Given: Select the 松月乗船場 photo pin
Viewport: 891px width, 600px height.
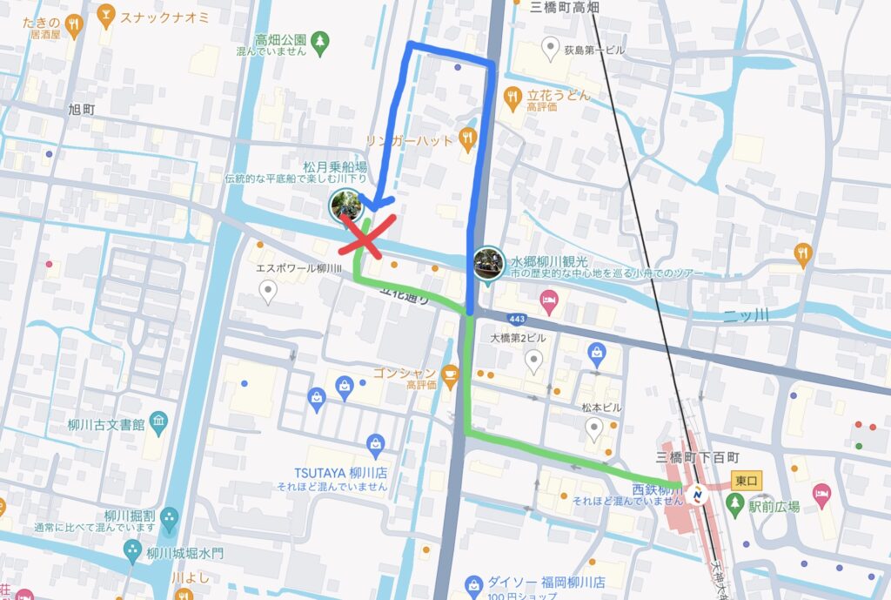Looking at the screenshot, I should click(345, 206).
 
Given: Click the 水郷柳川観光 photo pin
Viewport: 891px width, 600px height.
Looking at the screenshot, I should click(485, 262).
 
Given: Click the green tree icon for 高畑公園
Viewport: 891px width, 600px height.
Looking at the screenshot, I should click(322, 40).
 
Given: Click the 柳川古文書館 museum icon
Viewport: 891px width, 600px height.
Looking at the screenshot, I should click(157, 424).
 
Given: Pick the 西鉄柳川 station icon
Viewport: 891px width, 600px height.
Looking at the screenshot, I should click(697, 496).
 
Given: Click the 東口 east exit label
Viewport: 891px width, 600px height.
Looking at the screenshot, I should click(747, 480).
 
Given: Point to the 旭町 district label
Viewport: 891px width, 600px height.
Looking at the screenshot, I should click(86, 111).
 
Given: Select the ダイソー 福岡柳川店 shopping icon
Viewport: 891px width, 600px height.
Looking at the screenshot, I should click(473, 583).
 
